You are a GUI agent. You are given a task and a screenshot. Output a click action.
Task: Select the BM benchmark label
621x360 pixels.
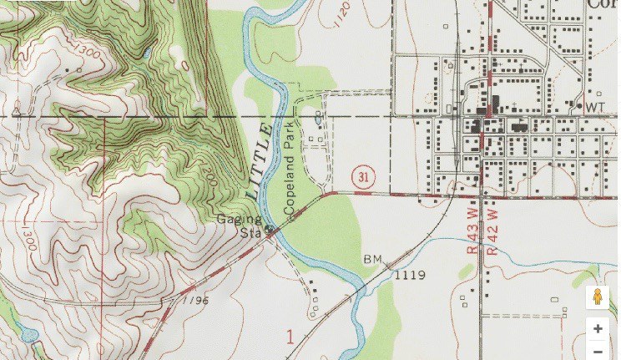pyautogui.click(x=371, y=260)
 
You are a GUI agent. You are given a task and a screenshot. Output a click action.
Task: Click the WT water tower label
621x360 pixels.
pyautogui.click(x=594, y=107)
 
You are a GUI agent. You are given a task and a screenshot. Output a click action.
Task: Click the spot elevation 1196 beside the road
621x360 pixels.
pyautogui.click(x=195, y=298)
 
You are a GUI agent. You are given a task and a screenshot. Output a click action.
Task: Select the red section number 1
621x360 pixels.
pyautogui.click(x=290, y=337)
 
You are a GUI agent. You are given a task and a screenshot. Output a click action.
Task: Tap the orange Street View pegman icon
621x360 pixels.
pyautogui.click(x=598, y=297)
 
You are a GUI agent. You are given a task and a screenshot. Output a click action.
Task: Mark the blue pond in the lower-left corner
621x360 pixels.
pyautogui.click(x=29, y=336)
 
